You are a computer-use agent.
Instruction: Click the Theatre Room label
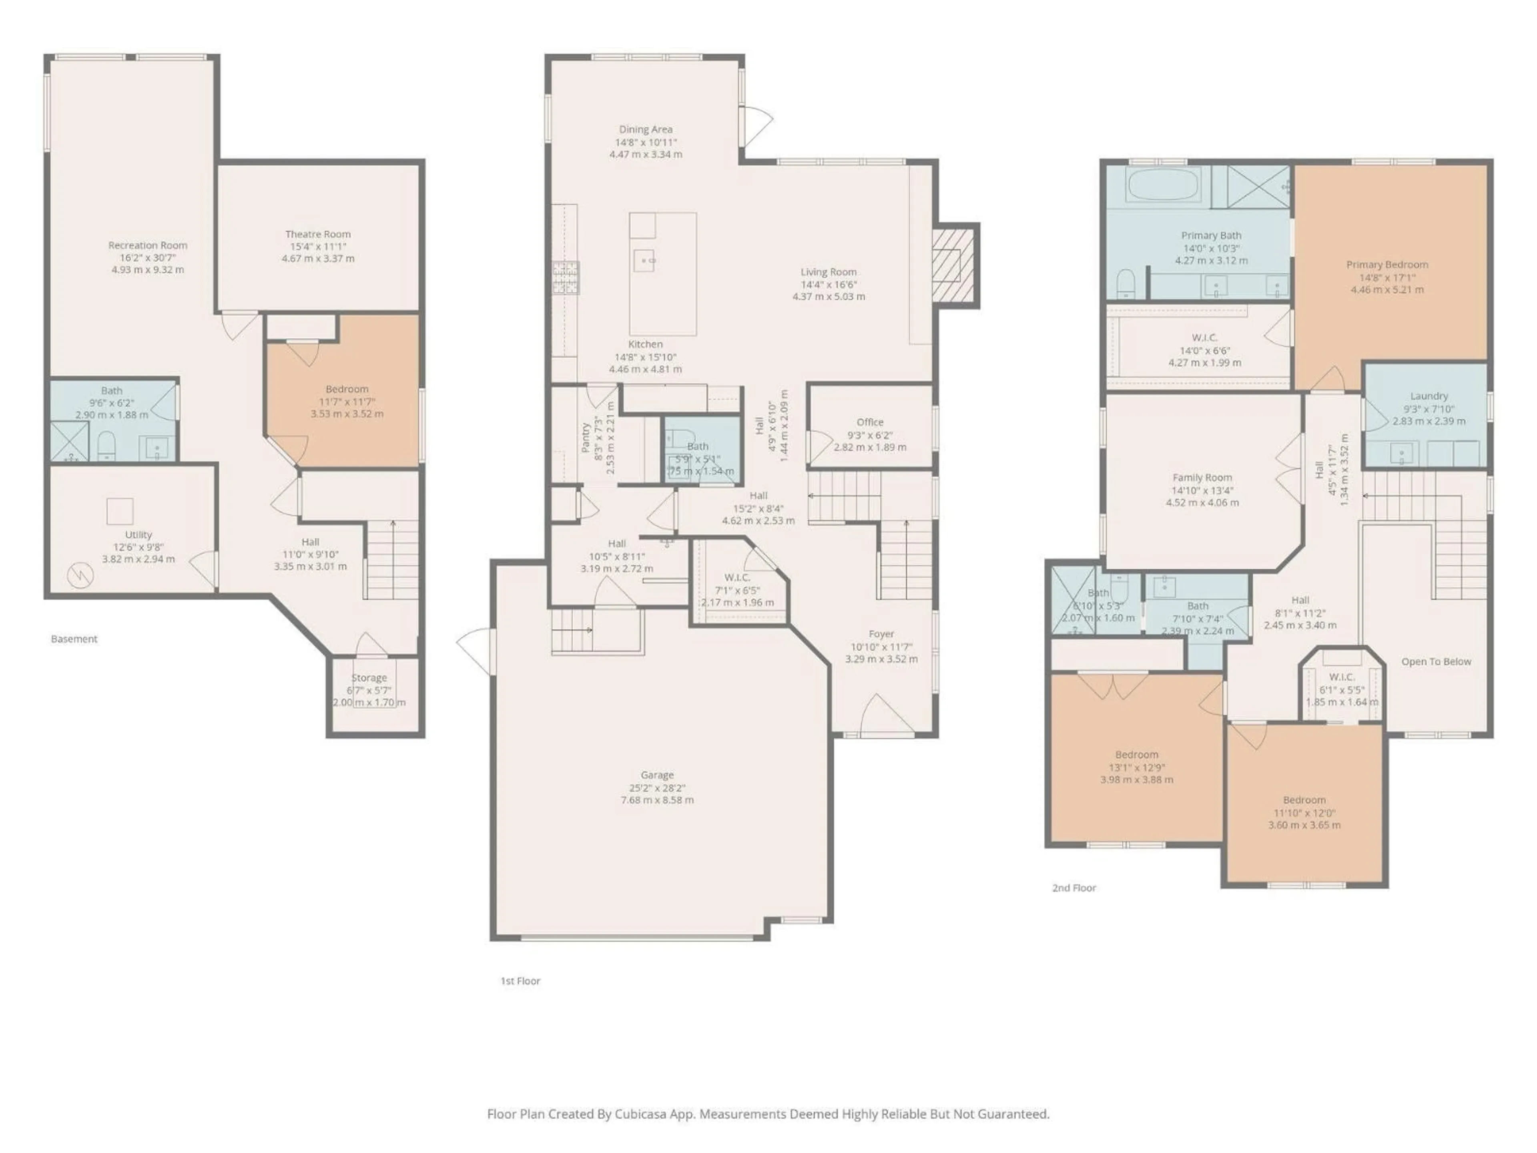click(x=317, y=234)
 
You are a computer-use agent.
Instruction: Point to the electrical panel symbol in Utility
click(x=79, y=575)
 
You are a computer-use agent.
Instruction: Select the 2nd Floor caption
click(x=1073, y=888)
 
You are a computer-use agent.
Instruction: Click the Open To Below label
click(x=1436, y=662)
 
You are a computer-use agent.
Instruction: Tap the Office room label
click(x=870, y=422)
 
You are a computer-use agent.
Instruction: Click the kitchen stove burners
click(x=566, y=277)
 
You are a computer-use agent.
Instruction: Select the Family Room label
click(x=1202, y=478)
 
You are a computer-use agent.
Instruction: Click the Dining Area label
click(x=646, y=129)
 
